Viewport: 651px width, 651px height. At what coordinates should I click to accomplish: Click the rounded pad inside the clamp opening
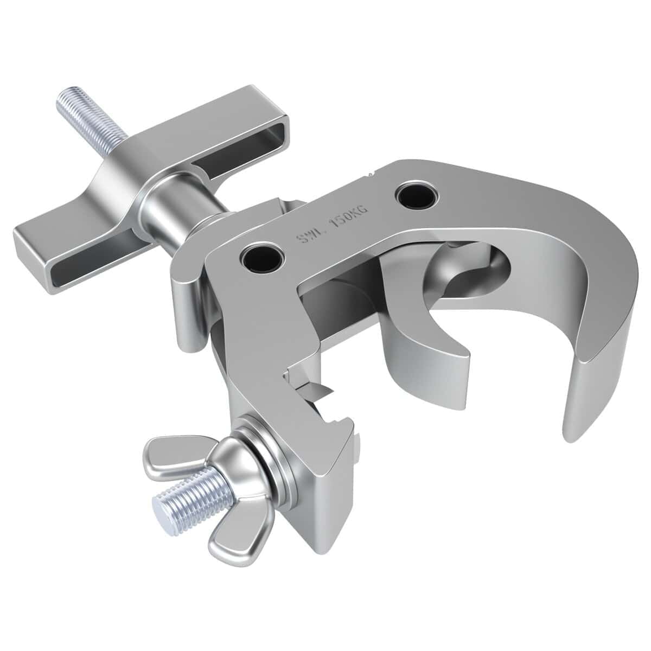point(467,271)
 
